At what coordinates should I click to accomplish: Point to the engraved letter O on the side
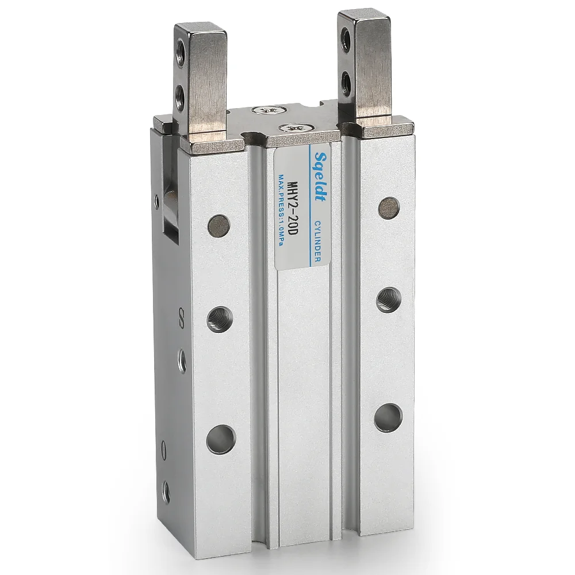[x=166, y=447]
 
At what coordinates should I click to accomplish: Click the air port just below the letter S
[x=182, y=360]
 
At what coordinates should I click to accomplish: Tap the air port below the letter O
[x=166, y=489]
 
